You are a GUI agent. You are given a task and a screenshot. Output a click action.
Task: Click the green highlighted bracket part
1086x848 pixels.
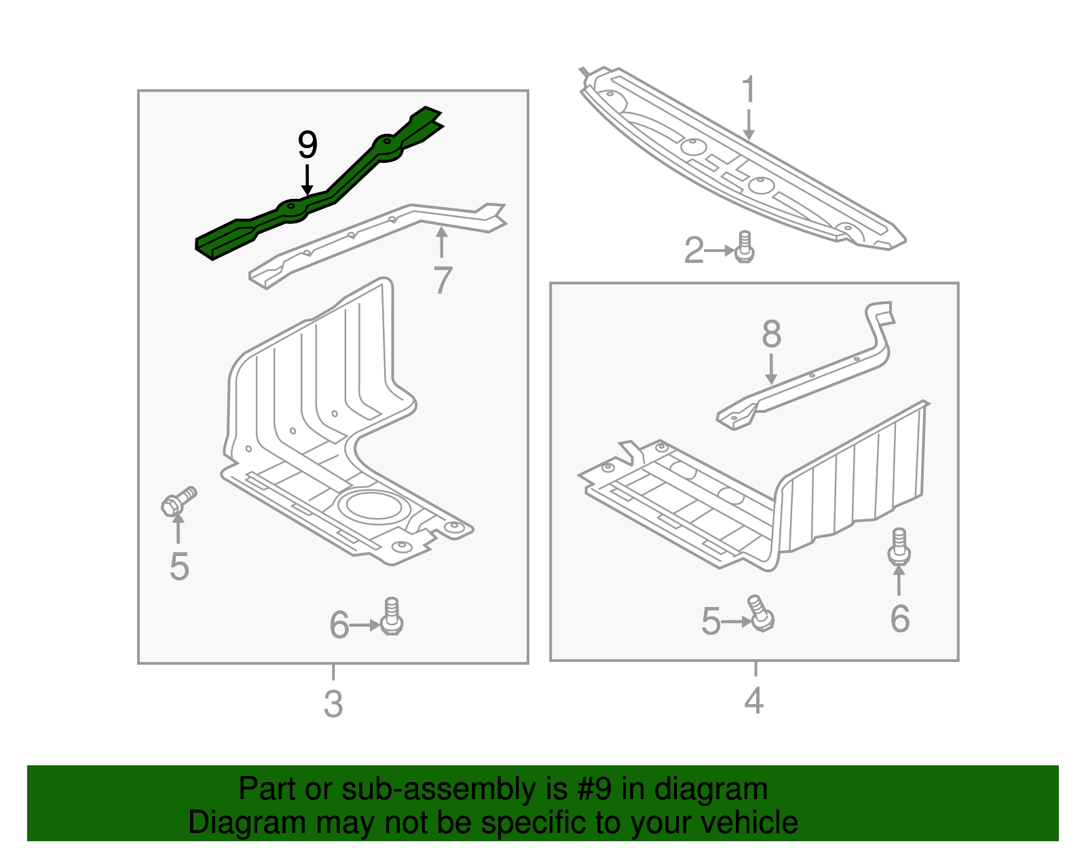[292, 210]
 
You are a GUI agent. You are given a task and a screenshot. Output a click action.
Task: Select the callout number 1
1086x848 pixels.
[748, 90]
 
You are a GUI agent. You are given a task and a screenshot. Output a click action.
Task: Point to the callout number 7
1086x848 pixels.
[443, 280]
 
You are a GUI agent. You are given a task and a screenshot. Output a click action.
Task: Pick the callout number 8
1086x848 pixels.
[771, 334]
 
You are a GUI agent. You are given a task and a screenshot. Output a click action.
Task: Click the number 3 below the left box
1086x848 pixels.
[333, 704]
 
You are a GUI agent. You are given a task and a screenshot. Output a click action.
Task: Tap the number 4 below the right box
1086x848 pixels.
[754, 700]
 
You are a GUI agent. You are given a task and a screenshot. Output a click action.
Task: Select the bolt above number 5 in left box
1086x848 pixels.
[179, 501]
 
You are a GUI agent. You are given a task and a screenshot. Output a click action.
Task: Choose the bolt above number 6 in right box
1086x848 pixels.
[899, 547]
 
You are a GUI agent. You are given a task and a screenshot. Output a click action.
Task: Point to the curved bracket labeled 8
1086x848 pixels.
[814, 380]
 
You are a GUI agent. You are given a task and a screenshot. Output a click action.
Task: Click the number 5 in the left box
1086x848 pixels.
[179, 566]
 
